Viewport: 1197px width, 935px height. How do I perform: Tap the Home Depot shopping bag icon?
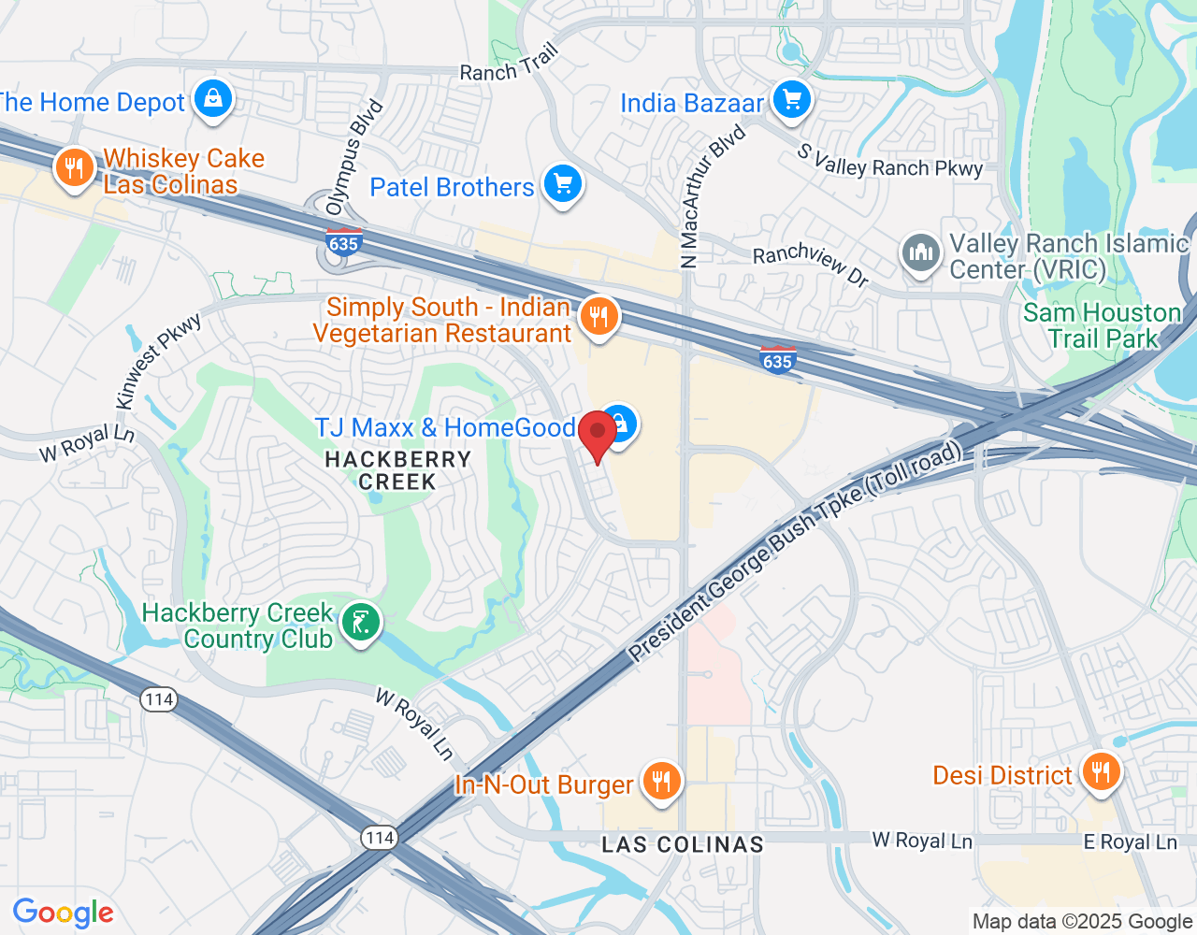pos(213,98)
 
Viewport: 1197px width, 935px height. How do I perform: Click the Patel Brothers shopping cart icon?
pos(562,183)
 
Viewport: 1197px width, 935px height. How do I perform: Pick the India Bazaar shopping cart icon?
pos(792,99)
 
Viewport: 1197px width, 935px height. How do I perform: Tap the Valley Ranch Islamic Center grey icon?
pos(921,252)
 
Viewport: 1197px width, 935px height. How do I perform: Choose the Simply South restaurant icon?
pos(598,317)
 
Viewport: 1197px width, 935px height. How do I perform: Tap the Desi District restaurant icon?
pos(1101,772)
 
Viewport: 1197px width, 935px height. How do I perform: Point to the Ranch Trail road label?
pos(509,64)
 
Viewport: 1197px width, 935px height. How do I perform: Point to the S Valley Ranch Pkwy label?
pos(890,161)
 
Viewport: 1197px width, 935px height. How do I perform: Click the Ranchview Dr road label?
pos(811,264)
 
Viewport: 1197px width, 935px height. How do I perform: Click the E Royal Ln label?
pos(1130,842)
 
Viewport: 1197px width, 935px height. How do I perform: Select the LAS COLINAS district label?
pos(683,844)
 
